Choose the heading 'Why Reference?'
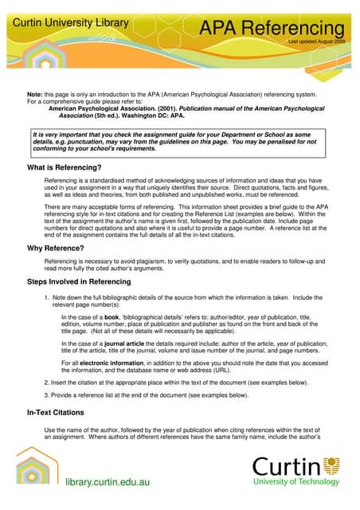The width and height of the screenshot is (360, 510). (x=55, y=249)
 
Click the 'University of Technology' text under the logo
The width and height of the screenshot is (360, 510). (x=296, y=482)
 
